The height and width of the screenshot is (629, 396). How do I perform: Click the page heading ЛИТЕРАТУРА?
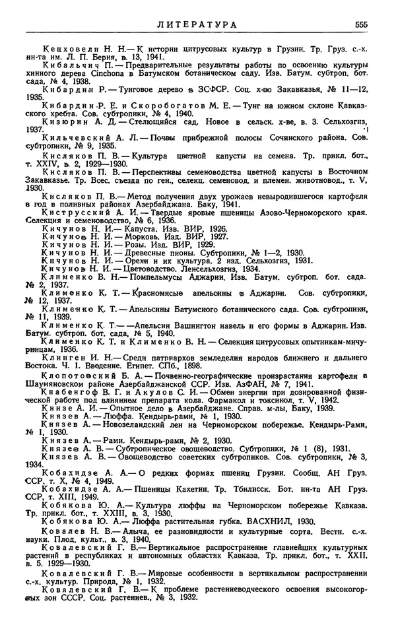197,24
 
